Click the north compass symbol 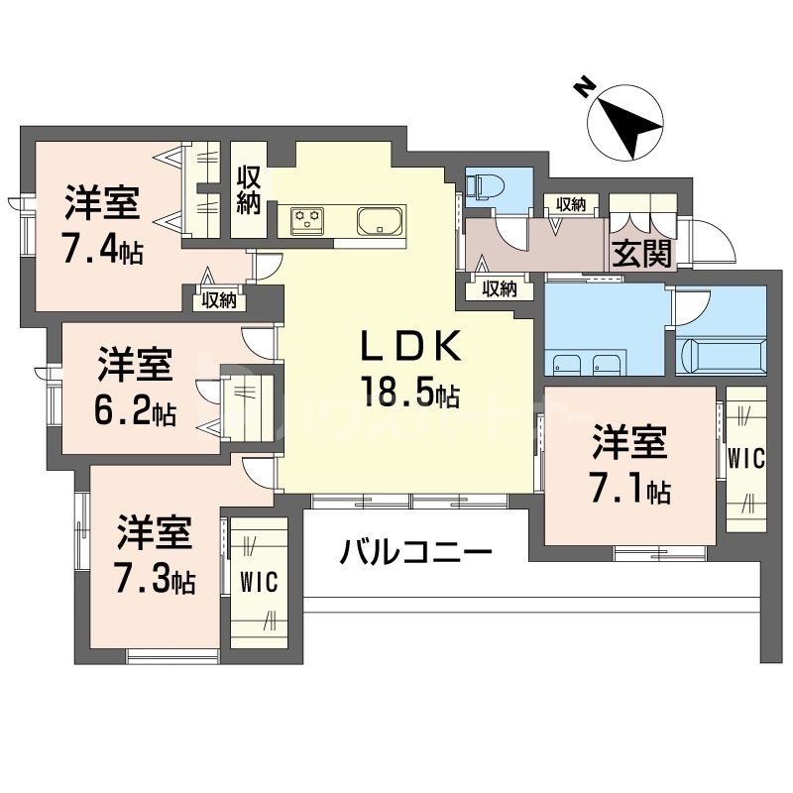[623, 124]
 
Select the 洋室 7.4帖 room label [103, 225]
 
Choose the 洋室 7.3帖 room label [154, 554]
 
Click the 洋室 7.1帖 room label [631, 463]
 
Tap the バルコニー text [416, 551]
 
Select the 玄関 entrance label [641, 254]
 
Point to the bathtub [721, 354]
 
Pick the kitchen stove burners [309, 219]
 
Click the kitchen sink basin [379, 220]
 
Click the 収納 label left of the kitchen [248, 190]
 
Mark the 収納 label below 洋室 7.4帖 [218, 298]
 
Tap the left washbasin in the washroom [568, 362]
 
